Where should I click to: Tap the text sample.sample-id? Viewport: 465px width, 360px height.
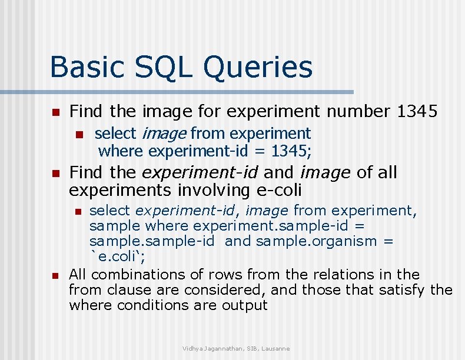click(154, 241)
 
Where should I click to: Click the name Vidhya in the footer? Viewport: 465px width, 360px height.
click(194, 349)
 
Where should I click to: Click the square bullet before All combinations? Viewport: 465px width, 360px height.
click(55, 275)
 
